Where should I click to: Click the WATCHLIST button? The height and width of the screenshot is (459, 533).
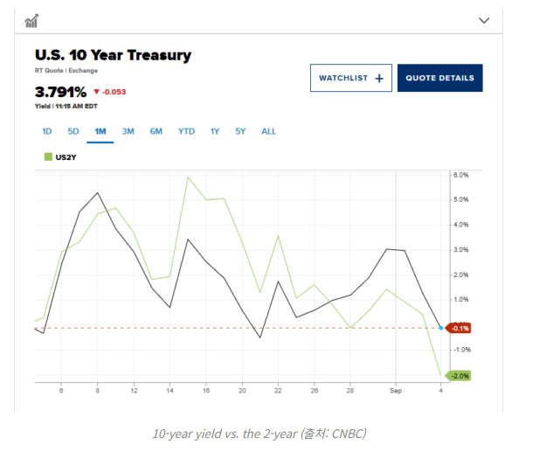click(x=350, y=78)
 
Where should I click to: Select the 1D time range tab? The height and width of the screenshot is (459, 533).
click(x=47, y=131)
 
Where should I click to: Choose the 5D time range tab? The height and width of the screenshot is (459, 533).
click(x=73, y=131)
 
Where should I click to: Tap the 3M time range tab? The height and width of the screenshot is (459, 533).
click(x=128, y=131)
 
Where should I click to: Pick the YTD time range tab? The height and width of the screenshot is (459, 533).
click(x=186, y=131)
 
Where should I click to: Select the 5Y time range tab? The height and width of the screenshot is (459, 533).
click(x=240, y=131)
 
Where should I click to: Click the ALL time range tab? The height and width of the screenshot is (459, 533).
click(x=268, y=131)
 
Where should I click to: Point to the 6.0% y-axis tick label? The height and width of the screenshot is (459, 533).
click(x=461, y=175)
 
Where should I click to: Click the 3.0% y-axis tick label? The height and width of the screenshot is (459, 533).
click(x=461, y=250)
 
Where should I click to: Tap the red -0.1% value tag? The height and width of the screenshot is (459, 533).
click(x=460, y=328)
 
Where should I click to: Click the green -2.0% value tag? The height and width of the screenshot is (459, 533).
click(x=460, y=376)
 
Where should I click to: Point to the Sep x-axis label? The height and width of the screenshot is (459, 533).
click(x=397, y=391)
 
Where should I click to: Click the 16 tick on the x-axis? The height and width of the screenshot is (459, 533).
click(x=206, y=391)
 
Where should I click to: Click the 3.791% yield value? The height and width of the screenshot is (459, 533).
click(x=60, y=91)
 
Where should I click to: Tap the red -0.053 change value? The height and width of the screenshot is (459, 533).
click(x=112, y=91)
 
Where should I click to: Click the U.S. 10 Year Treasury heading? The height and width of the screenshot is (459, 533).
click(x=113, y=56)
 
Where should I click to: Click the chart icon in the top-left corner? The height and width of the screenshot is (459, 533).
click(x=32, y=20)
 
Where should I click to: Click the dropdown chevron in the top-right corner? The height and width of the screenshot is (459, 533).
click(x=485, y=20)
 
